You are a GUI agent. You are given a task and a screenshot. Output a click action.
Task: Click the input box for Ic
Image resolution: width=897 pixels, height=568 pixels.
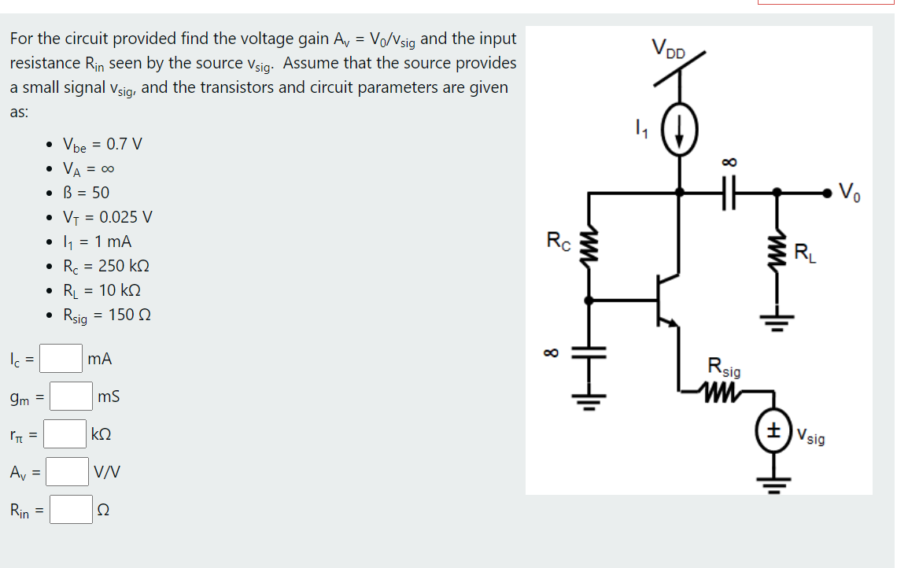61,359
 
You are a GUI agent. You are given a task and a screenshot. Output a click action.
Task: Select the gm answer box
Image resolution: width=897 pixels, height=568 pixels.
72,396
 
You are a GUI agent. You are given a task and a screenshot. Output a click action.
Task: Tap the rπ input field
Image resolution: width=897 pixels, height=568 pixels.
65,434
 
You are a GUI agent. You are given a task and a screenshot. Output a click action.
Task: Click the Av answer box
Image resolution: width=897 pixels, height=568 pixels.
67,472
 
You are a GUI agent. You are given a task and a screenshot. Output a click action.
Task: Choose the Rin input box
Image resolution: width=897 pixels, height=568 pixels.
72,510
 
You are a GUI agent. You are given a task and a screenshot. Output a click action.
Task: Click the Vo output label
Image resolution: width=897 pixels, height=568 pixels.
851,190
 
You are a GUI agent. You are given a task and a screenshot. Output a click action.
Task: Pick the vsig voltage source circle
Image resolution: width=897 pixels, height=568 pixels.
775,432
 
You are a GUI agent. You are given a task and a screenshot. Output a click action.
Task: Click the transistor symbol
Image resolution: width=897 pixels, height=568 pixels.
668,301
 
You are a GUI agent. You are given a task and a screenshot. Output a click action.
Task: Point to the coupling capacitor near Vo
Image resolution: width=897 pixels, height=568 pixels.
729,191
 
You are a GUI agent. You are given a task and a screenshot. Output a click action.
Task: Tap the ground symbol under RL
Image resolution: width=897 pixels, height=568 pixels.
777,323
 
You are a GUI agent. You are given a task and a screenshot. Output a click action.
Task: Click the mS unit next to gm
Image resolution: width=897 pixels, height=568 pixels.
110,397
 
